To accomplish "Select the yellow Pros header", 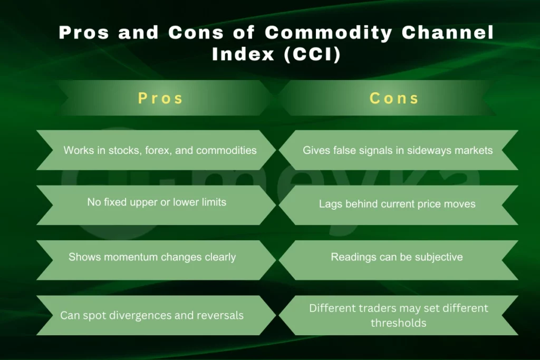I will click(x=160, y=98).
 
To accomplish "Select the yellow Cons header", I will click(x=394, y=98).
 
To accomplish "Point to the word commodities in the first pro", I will click(x=226, y=150).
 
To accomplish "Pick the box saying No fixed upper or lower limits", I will click(x=157, y=202).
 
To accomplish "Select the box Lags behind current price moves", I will click(x=397, y=204).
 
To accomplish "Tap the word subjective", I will click(x=438, y=257).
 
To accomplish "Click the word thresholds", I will click(x=398, y=323).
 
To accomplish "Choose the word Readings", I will click(x=352, y=257).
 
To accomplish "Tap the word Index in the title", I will click(x=240, y=55).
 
